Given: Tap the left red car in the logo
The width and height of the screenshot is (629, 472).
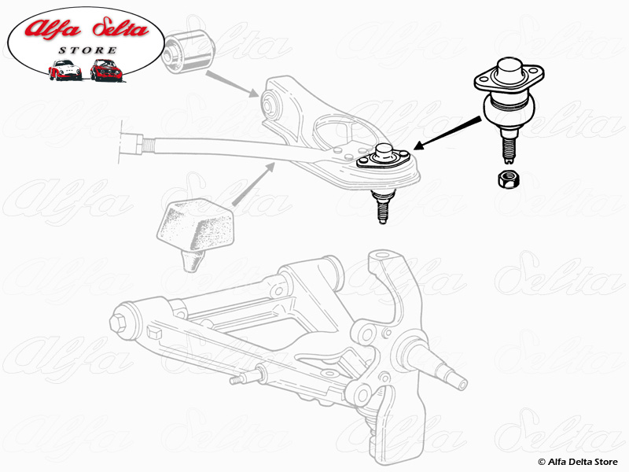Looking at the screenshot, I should point(64,70).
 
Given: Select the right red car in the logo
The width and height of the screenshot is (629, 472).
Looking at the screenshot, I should point(106,70).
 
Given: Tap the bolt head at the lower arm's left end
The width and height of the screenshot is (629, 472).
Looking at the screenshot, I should point(122,322).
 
